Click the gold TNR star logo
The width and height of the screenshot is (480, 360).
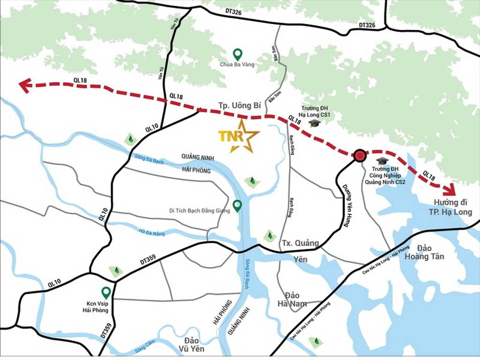[x=239, y=136]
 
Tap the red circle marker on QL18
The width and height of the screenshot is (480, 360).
[x=360, y=156]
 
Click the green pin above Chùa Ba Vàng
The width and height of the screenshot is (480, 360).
[x=238, y=54]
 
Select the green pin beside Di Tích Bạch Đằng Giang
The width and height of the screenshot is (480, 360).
[x=238, y=205]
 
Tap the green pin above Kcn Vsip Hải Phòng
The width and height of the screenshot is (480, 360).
[x=106, y=292]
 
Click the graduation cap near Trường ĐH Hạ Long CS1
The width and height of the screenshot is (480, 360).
[x=314, y=123]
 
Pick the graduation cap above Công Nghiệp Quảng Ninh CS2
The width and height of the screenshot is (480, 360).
[x=382, y=161]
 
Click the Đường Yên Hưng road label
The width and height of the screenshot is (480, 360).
[x=347, y=205]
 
